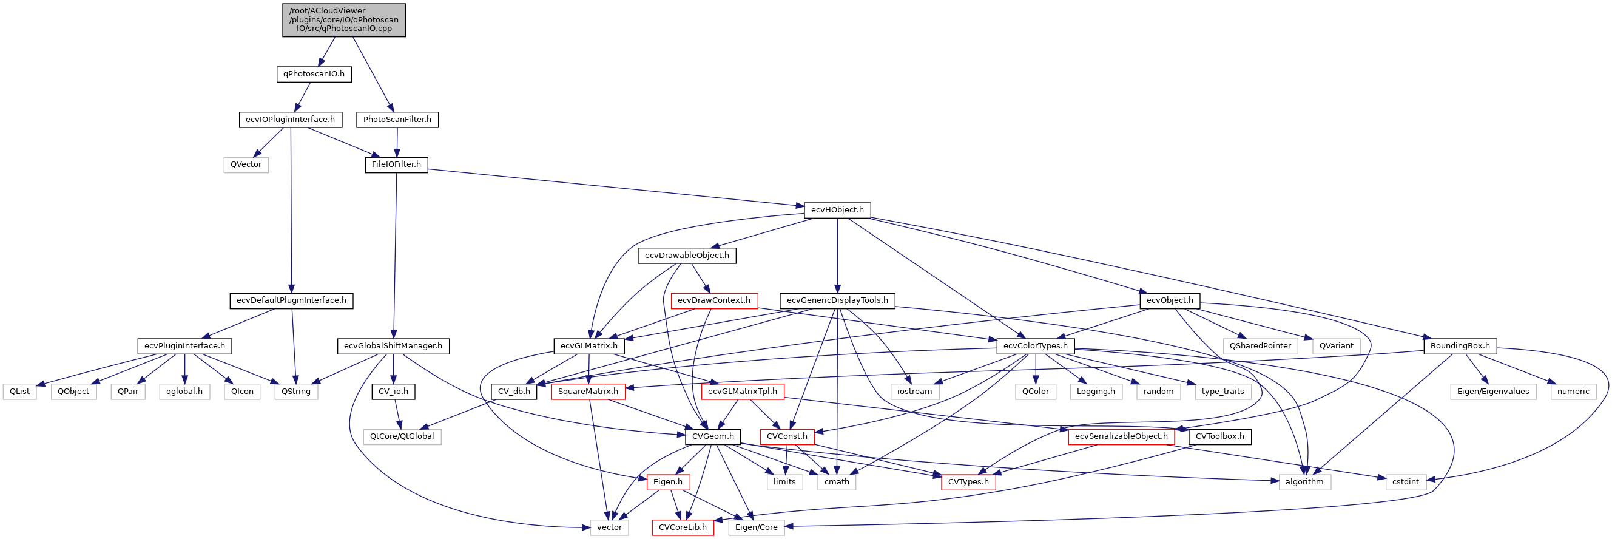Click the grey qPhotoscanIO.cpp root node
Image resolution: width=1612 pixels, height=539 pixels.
point(343,20)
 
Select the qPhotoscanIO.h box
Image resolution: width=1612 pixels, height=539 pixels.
point(314,74)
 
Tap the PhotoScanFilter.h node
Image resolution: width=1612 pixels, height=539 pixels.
point(397,120)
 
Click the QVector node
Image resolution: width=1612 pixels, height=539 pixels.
point(246,164)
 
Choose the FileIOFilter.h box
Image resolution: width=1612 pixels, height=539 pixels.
point(396,164)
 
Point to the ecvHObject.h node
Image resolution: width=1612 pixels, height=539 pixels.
point(837,211)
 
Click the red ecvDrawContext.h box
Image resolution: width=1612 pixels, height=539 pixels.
point(713,300)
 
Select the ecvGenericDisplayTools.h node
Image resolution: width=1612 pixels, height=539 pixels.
point(837,300)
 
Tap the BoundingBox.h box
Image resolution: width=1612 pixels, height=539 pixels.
point(1459,346)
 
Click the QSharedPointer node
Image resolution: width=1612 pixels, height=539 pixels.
point(1260,346)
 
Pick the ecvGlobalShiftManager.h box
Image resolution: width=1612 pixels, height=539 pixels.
point(393,346)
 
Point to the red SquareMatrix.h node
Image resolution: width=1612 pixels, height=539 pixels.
point(588,392)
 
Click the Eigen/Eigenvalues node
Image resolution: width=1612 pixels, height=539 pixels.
point(1492,392)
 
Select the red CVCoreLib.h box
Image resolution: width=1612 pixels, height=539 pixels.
point(682,527)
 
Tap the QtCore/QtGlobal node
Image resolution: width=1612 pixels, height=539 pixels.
point(402,436)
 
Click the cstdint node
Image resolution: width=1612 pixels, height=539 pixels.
point(1406,482)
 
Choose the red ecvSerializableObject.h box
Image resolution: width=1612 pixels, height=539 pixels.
point(1121,436)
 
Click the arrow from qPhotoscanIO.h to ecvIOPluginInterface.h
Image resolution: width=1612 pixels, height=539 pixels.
point(303,97)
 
